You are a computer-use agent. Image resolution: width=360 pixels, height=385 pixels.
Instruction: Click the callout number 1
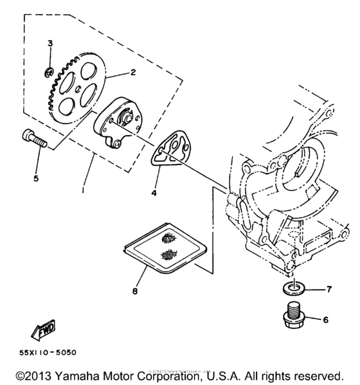[x=84, y=191]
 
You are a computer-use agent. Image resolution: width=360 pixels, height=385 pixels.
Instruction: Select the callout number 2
[x=132, y=73]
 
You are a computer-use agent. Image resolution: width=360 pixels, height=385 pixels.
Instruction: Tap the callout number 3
[x=49, y=43]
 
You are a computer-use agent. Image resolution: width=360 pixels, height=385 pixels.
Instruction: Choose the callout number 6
[x=325, y=319]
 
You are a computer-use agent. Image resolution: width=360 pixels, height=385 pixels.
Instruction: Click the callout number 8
[x=134, y=291]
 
